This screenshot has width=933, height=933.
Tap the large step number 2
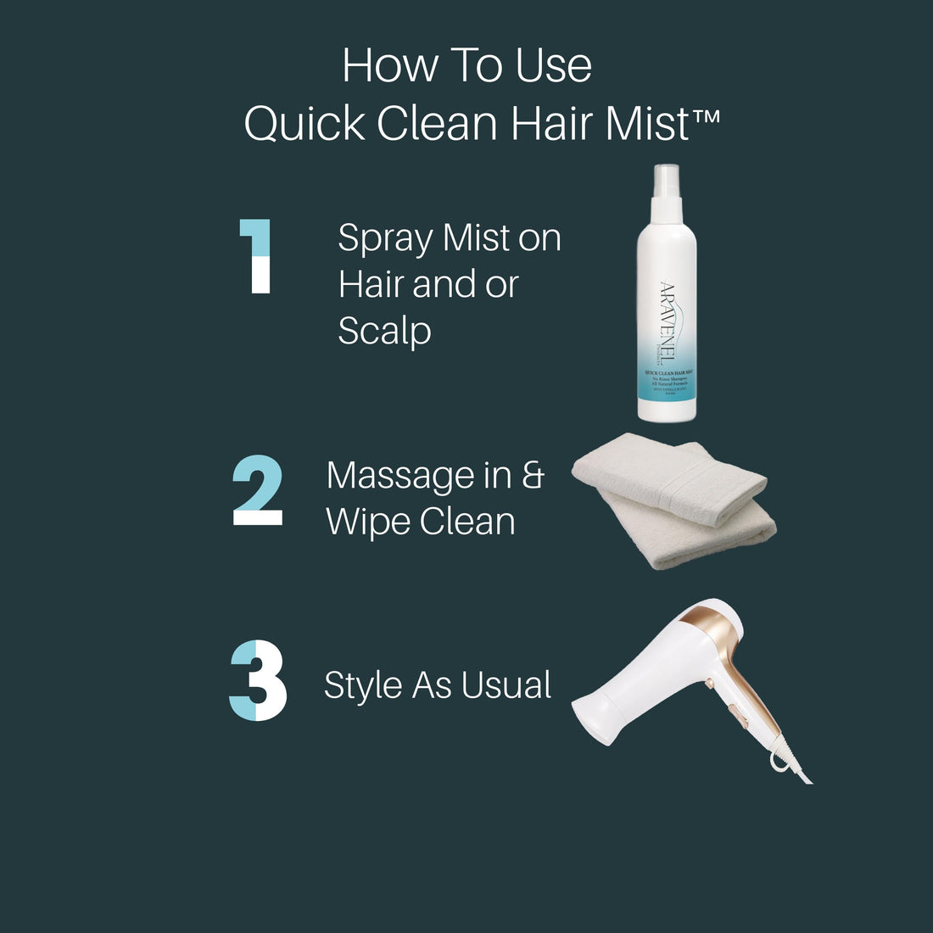coord(257,490)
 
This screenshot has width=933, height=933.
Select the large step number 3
coord(258,682)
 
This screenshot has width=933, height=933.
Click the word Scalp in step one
coord(384,331)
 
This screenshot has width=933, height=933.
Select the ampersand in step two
coord(532,475)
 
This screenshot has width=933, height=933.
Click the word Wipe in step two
coord(367,522)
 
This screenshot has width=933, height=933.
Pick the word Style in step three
coord(362,686)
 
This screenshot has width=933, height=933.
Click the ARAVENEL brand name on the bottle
coord(668,321)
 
